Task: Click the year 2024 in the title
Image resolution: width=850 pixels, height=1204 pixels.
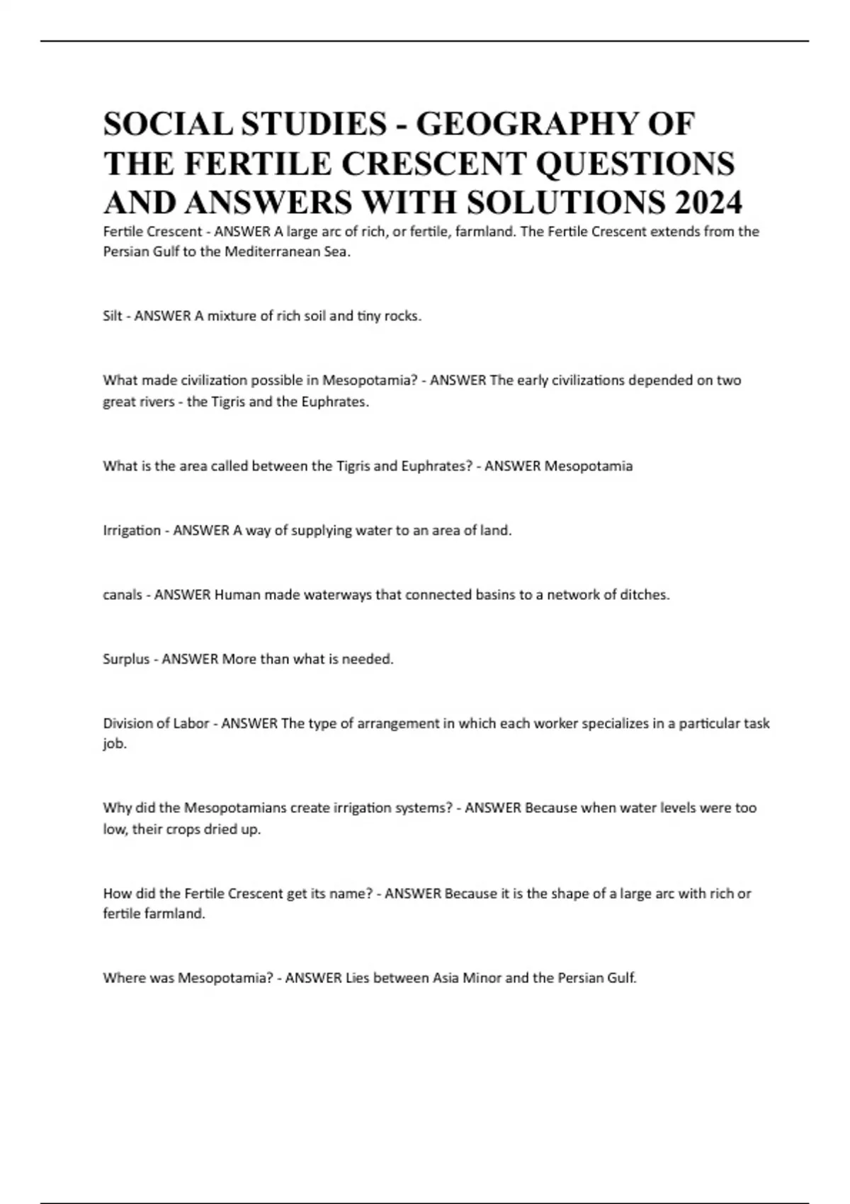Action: [708, 203]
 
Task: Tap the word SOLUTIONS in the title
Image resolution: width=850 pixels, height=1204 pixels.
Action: [565, 203]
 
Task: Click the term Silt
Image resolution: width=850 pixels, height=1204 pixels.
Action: [113, 316]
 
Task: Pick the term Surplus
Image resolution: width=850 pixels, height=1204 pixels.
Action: [126, 659]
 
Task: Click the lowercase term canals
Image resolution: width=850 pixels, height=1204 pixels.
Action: [123, 595]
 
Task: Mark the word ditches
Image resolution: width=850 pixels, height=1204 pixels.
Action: [645, 595]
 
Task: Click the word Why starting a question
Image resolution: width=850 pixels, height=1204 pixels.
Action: [115, 808]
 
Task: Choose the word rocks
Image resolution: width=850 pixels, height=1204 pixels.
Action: [402, 316]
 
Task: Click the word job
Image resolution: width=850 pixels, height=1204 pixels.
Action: [114, 744]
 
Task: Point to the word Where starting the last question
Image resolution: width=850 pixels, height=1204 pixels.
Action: [123, 978]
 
